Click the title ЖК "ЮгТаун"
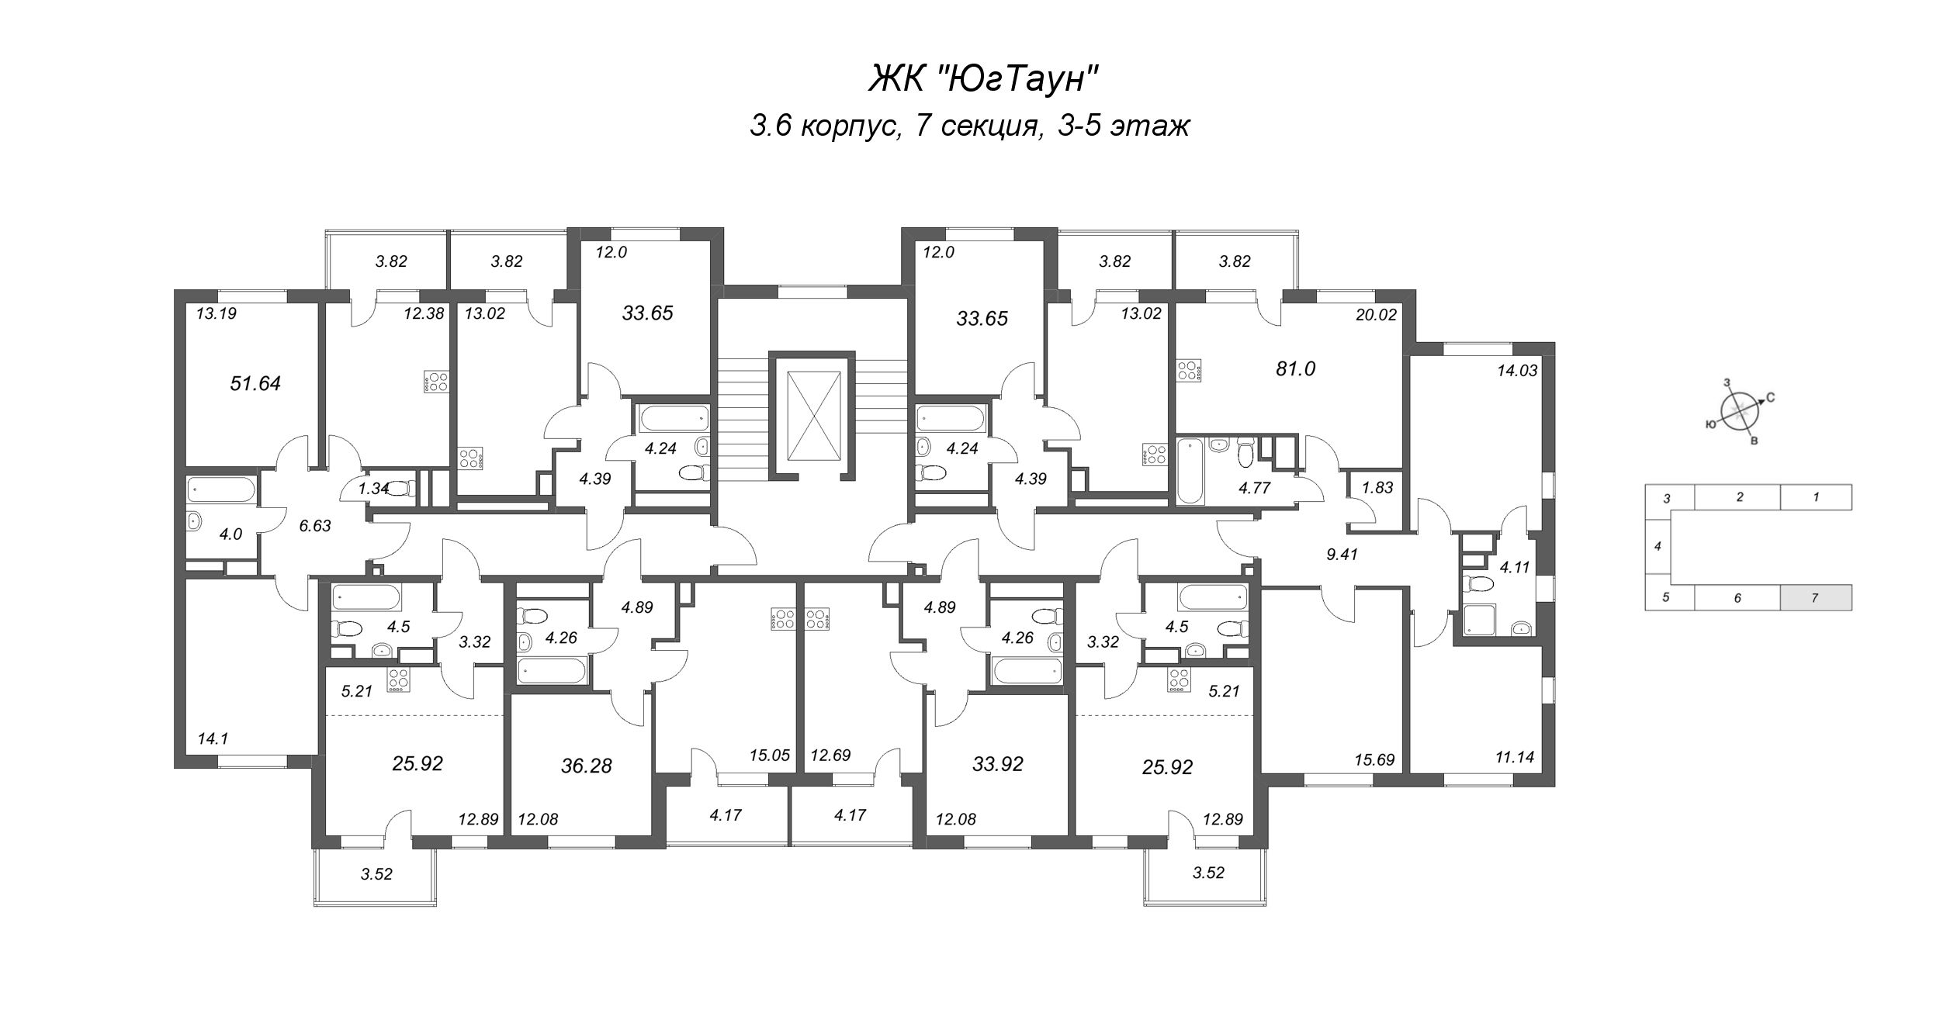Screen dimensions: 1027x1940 click(x=983, y=78)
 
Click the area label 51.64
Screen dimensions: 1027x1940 click(x=255, y=383)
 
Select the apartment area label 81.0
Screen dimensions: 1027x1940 click(x=1295, y=369)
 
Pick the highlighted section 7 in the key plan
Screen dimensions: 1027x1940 click(x=1815, y=598)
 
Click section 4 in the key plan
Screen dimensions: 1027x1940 click(x=1657, y=546)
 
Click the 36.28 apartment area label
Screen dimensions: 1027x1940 click(x=586, y=766)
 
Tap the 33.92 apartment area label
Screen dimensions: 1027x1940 click(x=997, y=765)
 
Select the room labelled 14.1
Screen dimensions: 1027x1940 click(x=213, y=739)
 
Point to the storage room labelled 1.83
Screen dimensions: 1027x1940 click(x=1377, y=488)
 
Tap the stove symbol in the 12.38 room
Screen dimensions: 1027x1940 click(x=436, y=382)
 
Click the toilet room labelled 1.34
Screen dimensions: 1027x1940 click(x=373, y=488)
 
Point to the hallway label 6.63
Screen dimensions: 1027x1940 click(x=315, y=526)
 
